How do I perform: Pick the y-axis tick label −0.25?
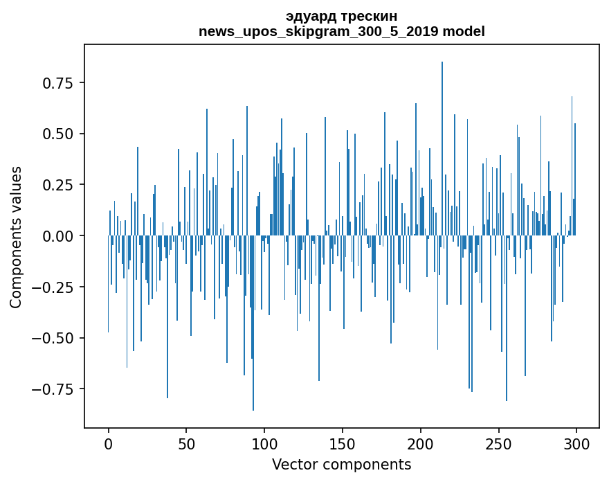pyautogui.click(x=54, y=287)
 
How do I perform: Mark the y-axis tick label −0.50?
pyautogui.click(x=54, y=339)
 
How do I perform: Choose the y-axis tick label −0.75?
pyautogui.click(x=54, y=389)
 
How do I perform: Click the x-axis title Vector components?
pyautogui.click(x=342, y=465)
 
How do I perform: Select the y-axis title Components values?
pyautogui.click(x=16, y=237)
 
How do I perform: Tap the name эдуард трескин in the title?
pyautogui.click(x=342, y=17)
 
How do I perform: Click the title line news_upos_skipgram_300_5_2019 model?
pyautogui.click(x=342, y=32)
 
